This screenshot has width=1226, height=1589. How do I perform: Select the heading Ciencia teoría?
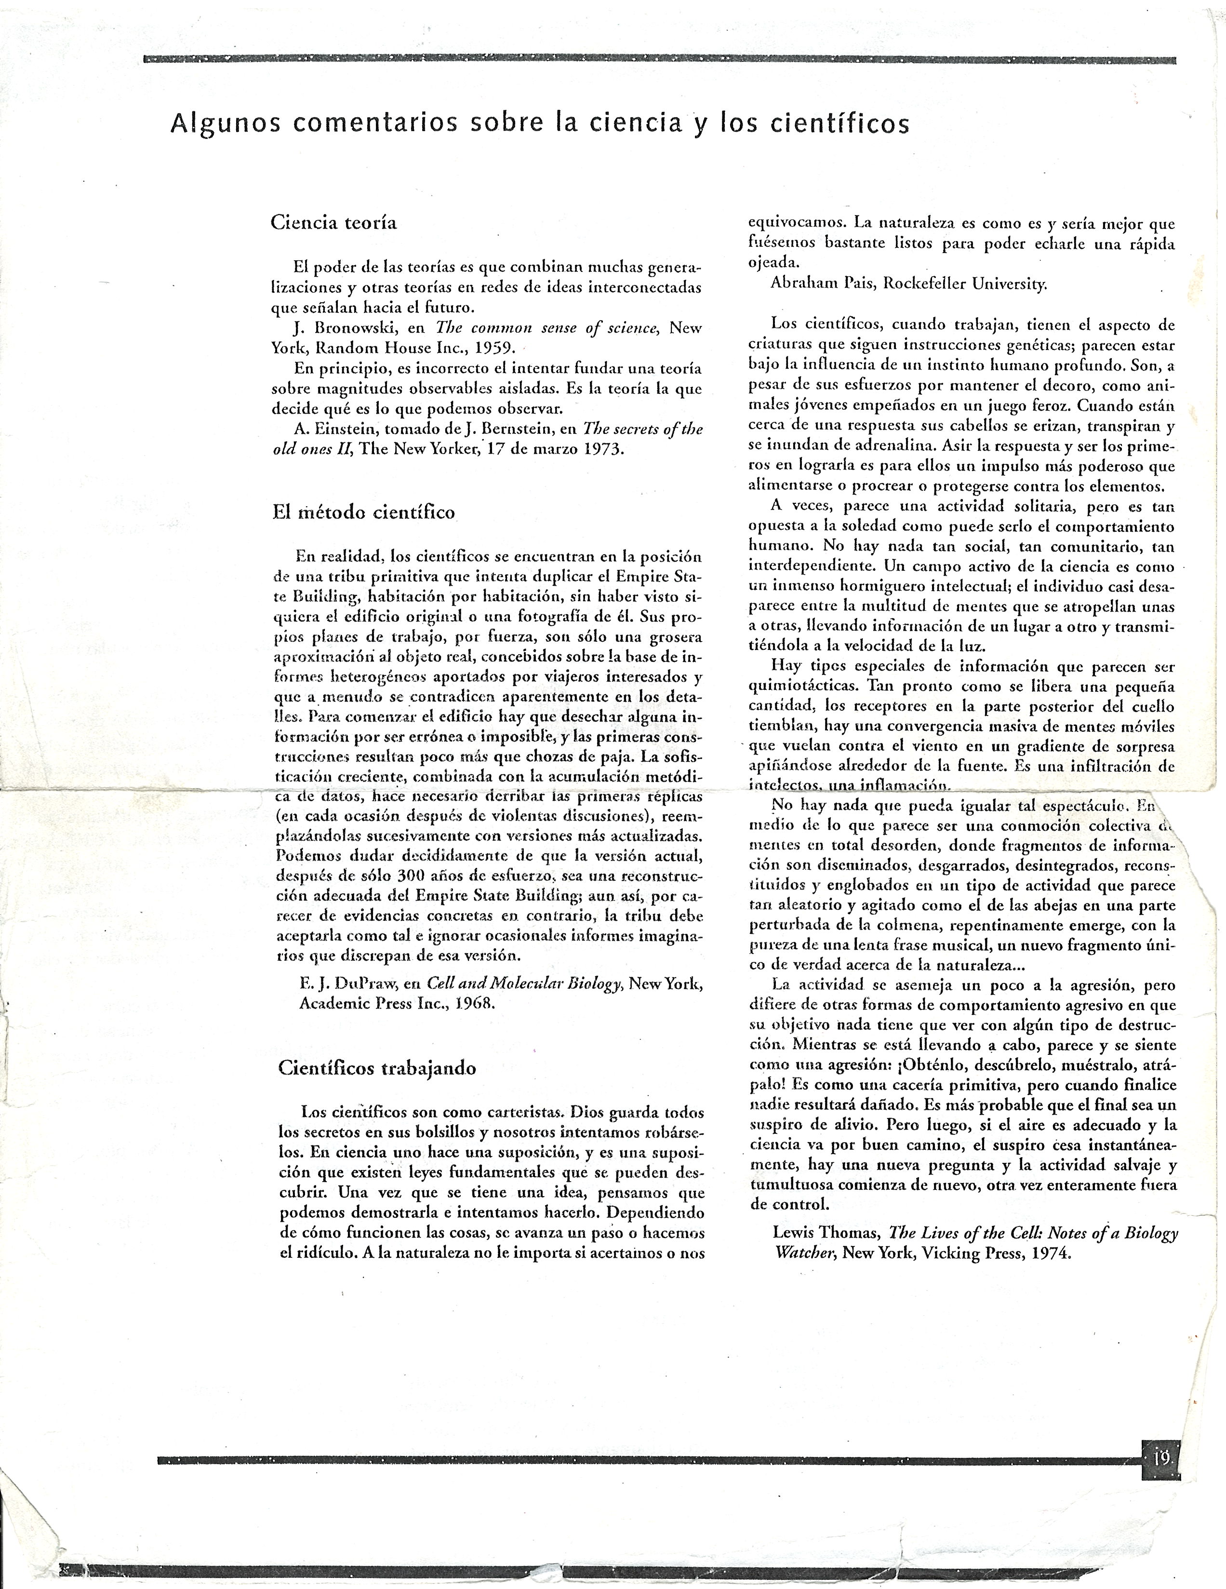click(x=334, y=223)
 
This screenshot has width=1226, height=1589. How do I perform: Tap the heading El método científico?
click(x=363, y=512)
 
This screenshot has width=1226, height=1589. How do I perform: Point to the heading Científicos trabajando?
click(x=377, y=1068)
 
